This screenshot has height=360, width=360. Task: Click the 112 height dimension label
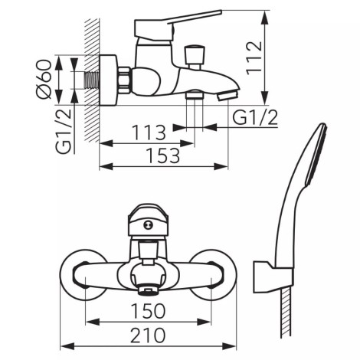tap(254, 57)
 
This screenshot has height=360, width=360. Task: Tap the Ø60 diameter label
tap(44, 79)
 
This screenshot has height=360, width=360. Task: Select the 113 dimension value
tap(149, 133)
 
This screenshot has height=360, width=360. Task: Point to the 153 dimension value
tap(163, 155)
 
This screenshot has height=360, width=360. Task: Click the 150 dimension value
tap(148, 311)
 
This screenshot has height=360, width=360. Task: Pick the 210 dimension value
tap(148, 335)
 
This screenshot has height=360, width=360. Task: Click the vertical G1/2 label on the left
tap(63, 130)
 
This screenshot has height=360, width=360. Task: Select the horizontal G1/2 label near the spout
tap(255, 118)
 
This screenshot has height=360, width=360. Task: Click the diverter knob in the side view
tap(195, 57)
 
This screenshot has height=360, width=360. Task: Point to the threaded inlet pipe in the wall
tap(91, 80)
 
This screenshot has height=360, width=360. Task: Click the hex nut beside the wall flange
tap(125, 80)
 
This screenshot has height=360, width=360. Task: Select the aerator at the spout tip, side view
tap(227, 97)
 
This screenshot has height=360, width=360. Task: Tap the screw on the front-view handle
tap(147, 225)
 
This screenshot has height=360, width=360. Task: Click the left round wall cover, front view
tap(83, 274)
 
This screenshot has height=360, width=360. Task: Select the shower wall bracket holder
tap(273, 277)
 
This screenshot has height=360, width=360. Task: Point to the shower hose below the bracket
tap(286, 314)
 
